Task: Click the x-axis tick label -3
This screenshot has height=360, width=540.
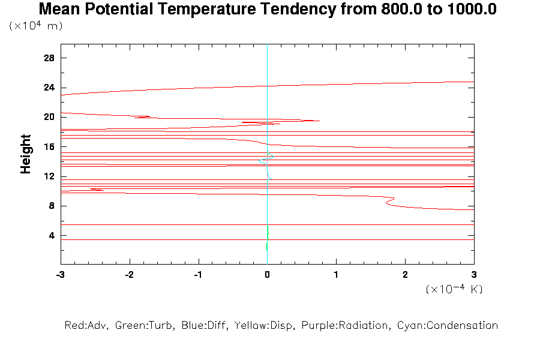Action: point(60,274)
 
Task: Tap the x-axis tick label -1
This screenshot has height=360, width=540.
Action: point(197,274)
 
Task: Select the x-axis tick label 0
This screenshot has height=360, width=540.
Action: point(267,274)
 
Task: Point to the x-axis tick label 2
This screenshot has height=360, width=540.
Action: point(405,274)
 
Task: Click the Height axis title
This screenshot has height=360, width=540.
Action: point(26,154)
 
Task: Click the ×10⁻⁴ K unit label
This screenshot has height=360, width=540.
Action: point(454,289)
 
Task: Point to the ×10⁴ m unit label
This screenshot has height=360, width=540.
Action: point(36,26)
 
